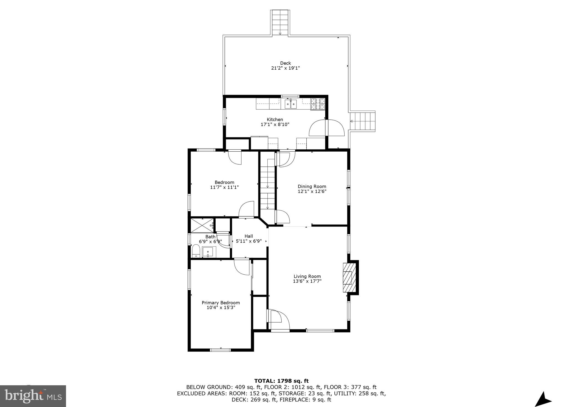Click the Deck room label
(285, 63)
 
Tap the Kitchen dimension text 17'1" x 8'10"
(275, 124)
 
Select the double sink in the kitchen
(291, 104)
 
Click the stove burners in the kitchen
(318, 104)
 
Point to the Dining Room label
(312, 186)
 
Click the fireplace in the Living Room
(349, 277)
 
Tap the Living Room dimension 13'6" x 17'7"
(307, 281)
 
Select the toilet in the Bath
(196, 252)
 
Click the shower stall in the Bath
(202, 225)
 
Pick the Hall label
(249, 236)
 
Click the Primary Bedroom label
(221, 303)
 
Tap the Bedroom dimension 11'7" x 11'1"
(224, 187)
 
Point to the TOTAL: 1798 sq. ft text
(281, 381)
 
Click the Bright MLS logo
(33, 396)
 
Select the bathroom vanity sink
(208, 252)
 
